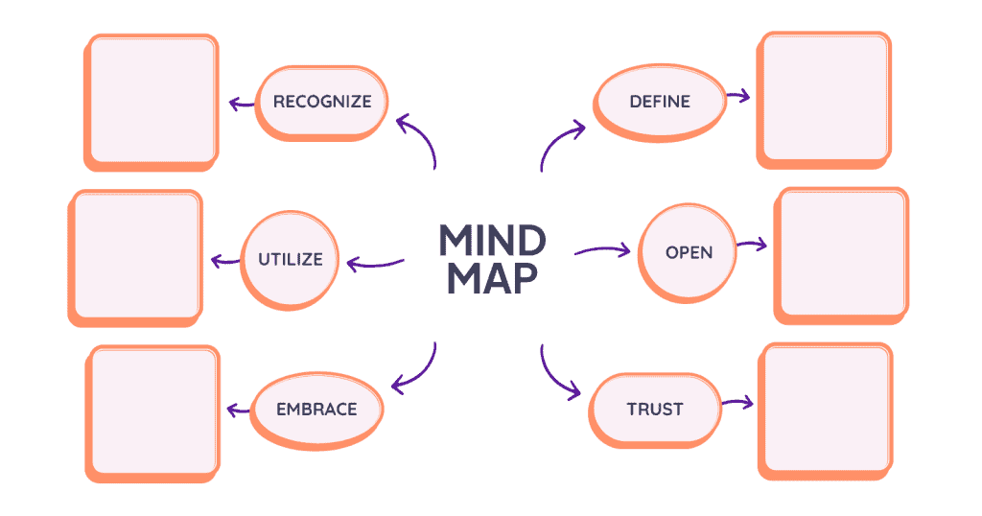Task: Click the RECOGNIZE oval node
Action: [x=321, y=101]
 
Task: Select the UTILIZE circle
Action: [x=290, y=259]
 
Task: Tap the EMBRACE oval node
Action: [x=316, y=409]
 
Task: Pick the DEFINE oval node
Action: [x=659, y=101]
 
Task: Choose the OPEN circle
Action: [x=689, y=252]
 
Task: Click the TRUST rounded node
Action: [x=655, y=409]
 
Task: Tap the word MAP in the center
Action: [x=492, y=277]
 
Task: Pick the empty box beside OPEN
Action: [x=840, y=253]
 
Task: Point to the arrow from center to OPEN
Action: [x=602, y=251]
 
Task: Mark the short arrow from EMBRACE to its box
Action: [x=237, y=410]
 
